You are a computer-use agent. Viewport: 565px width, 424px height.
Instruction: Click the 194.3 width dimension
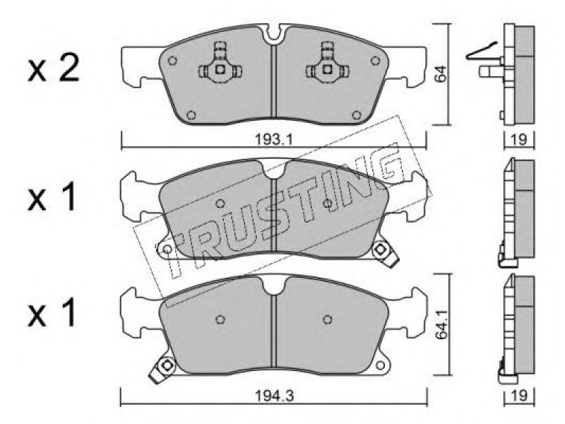click(x=275, y=396)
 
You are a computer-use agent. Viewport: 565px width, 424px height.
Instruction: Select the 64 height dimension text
click(x=440, y=74)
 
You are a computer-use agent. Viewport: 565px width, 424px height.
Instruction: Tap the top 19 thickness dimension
click(x=519, y=139)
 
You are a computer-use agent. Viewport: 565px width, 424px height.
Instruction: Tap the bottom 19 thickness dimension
click(x=519, y=396)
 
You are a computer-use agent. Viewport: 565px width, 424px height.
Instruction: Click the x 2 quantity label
click(x=54, y=69)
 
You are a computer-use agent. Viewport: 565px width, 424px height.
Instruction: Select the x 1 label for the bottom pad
click(x=52, y=312)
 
